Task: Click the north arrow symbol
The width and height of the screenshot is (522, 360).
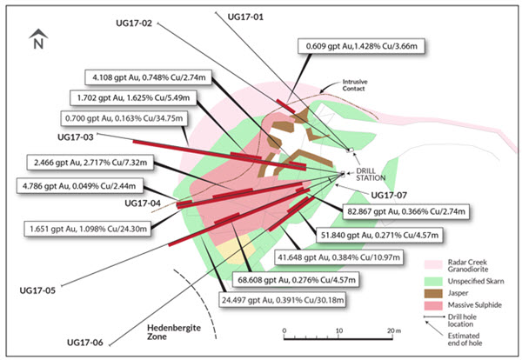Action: point(38,39)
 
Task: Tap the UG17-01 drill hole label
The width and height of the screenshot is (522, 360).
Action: point(245,17)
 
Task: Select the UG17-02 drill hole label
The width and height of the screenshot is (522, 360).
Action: point(134,23)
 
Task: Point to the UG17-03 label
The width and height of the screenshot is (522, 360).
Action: point(76,137)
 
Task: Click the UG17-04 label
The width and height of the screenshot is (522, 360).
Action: point(143,203)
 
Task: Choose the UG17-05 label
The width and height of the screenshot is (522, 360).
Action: point(37,290)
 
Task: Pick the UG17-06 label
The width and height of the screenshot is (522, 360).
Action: point(85,343)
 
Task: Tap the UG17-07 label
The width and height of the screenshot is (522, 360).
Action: point(389,196)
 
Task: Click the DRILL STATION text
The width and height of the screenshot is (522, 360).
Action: point(371,174)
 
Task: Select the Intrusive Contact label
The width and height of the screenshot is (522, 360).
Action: point(355,85)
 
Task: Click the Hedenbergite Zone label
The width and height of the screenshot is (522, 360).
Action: point(174,332)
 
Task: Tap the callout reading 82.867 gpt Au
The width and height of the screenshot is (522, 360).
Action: point(406,211)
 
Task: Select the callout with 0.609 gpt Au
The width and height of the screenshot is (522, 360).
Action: point(362,46)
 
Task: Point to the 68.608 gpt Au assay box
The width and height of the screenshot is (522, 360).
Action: point(297,280)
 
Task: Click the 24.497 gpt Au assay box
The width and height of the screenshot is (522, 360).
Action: point(283,300)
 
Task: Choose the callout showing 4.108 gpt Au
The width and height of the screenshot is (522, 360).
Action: point(149,77)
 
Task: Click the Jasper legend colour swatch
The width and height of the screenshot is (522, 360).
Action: point(433,293)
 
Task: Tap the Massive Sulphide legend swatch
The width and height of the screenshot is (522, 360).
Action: point(433,305)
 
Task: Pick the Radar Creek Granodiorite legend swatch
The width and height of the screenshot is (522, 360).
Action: point(433,264)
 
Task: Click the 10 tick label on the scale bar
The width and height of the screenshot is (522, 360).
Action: point(339,330)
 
